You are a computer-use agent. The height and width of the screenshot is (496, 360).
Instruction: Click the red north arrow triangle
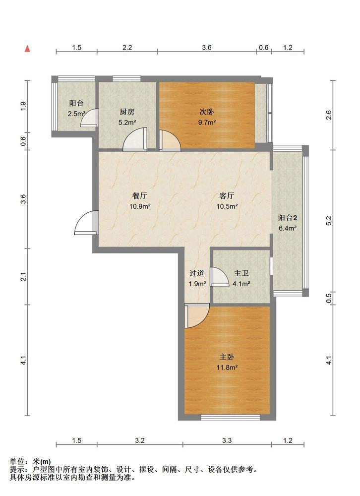[x=28, y=49]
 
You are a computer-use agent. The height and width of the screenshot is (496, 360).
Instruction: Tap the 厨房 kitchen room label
[x=127, y=112]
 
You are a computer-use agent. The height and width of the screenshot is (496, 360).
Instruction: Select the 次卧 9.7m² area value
[x=207, y=123]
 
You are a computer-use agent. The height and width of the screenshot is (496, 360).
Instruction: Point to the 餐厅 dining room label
[x=139, y=196]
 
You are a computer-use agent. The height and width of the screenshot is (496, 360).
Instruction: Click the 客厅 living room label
[x=227, y=196]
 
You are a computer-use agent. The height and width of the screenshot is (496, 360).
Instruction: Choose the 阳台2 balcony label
[x=288, y=218]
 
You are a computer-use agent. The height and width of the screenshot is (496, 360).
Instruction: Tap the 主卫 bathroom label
[x=241, y=273]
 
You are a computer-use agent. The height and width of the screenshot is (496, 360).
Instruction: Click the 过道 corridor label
[x=197, y=273]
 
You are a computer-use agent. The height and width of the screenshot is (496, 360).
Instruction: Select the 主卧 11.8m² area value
[x=227, y=368]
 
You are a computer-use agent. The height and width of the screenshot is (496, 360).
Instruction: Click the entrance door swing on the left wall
[x=86, y=223]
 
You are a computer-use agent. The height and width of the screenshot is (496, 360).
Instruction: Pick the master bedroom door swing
[x=197, y=315]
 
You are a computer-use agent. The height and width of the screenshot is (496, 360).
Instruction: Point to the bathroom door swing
[x=219, y=277]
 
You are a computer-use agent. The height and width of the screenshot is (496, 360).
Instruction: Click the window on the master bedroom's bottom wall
[x=231, y=418]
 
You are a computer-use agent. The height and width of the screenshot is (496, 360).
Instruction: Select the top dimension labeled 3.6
[x=207, y=48]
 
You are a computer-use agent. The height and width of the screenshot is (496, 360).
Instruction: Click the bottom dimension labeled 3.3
[x=227, y=440]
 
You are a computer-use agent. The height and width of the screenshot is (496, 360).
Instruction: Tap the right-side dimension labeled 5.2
[x=328, y=221]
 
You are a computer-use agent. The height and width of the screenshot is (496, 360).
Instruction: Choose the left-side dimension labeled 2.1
[x=23, y=276]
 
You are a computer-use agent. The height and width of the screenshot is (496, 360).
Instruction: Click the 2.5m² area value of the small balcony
[x=76, y=114]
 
